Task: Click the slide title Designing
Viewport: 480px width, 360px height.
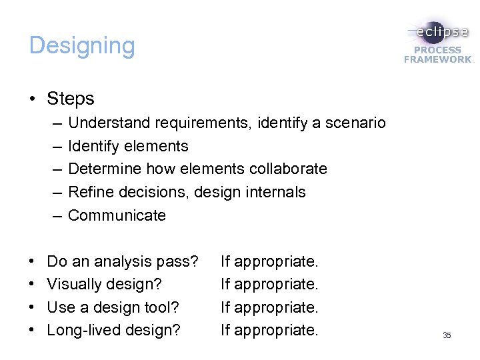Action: [82, 46]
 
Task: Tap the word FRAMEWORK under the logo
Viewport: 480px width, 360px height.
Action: [437, 59]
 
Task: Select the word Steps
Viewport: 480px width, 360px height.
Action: [71, 99]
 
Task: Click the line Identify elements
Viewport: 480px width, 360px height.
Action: [128, 146]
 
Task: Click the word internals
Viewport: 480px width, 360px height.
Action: [275, 192]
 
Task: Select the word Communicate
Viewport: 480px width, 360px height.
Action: [117, 215]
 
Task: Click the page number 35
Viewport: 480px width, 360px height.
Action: [447, 335]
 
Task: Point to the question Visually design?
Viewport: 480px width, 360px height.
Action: [105, 284]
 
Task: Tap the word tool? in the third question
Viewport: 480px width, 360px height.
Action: [163, 307]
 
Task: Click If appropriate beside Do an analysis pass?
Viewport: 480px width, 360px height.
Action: [269, 261]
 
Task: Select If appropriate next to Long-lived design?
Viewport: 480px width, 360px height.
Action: [269, 330]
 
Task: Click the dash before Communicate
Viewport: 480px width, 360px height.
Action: [55, 215]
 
